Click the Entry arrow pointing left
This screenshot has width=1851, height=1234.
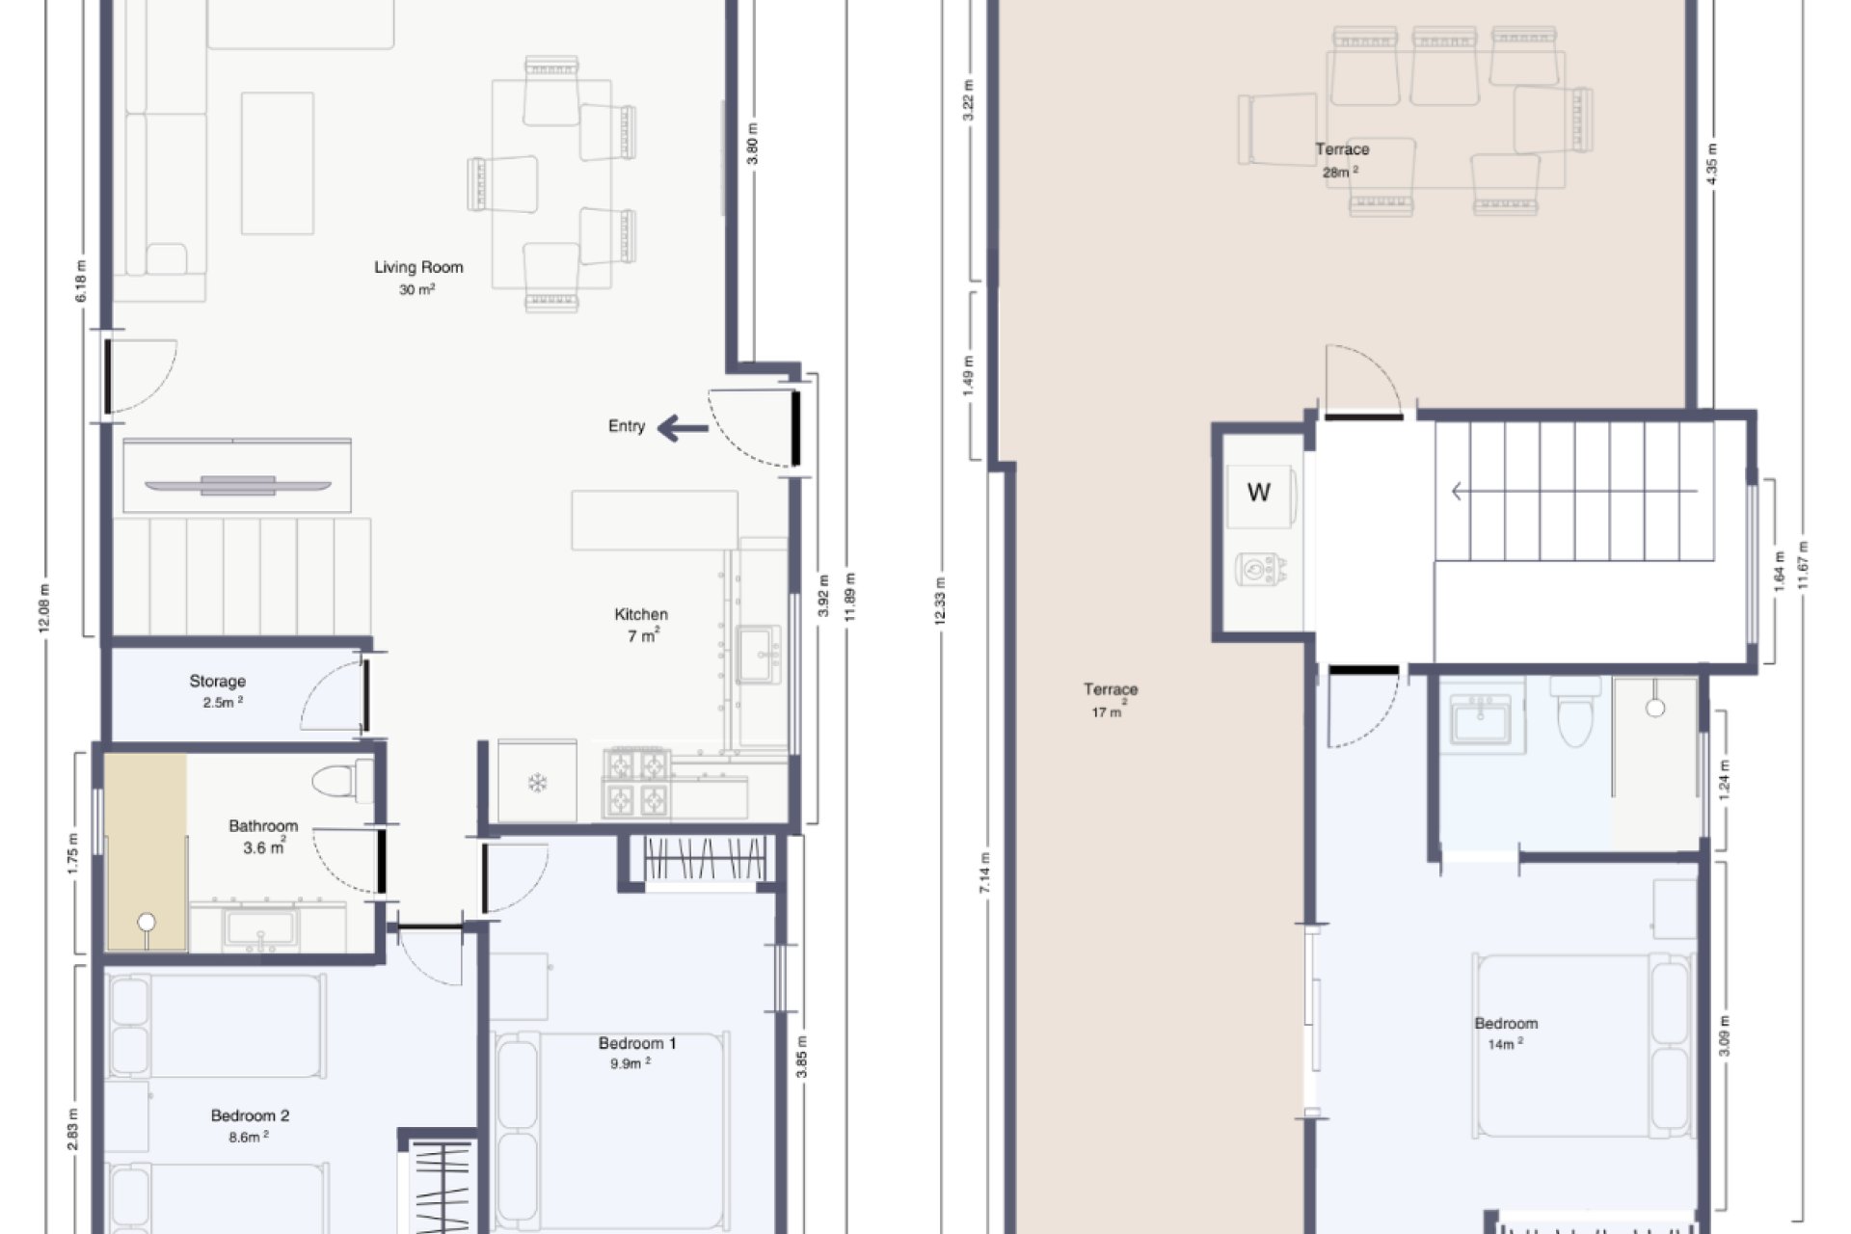[683, 428]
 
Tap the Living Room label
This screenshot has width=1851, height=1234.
[418, 268]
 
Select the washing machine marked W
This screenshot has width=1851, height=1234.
[1259, 494]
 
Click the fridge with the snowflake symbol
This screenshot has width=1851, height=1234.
[537, 782]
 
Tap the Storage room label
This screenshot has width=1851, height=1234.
[218, 682]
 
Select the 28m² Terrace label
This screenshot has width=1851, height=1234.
[1342, 150]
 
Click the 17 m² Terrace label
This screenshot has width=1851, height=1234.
[1111, 690]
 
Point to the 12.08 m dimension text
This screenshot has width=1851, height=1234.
[42, 608]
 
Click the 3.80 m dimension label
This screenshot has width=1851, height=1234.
[753, 144]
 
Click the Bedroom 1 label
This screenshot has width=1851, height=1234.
[637, 1043]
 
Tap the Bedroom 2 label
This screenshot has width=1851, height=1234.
[250, 1115]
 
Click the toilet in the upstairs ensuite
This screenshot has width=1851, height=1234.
[1575, 714]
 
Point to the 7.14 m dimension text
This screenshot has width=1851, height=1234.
[984, 872]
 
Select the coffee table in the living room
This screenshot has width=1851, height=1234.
[278, 163]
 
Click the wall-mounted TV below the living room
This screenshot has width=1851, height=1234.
[237, 485]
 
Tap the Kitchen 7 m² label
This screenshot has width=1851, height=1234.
[641, 615]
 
